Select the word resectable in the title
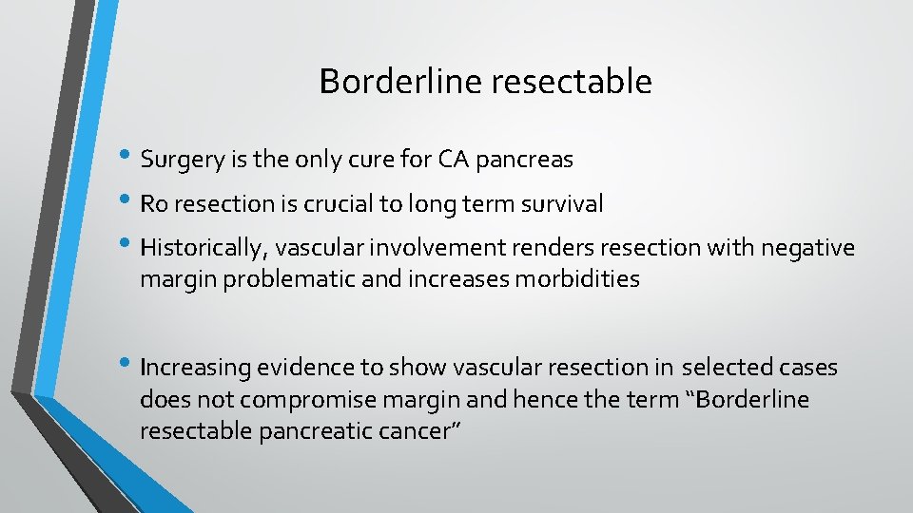571,82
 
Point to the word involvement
431,248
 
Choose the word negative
810,248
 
